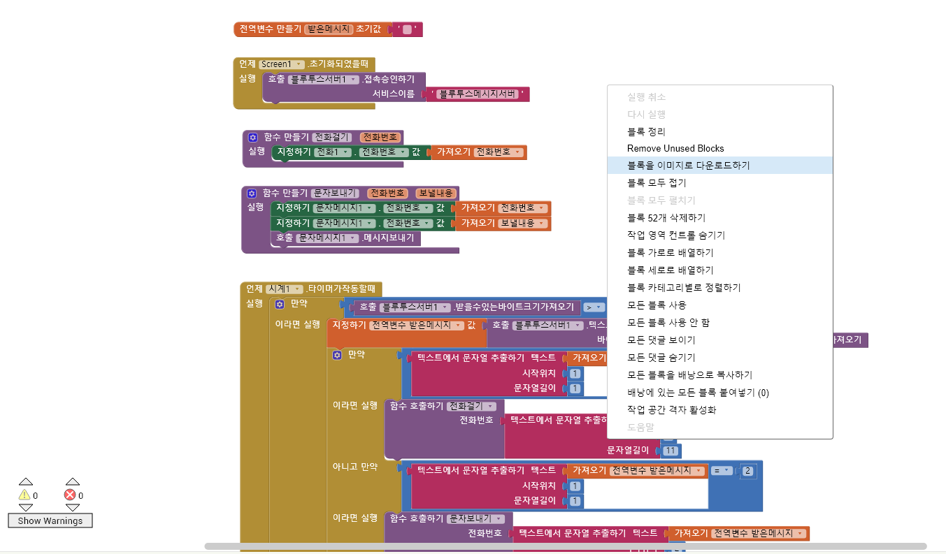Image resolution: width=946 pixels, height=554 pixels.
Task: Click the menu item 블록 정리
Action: coord(646,131)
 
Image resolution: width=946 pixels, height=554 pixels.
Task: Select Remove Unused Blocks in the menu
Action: coord(675,148)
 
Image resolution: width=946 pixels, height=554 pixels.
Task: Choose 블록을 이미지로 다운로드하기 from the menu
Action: coord(688,166)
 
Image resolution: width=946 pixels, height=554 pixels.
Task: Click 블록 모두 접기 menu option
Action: coord(657,183)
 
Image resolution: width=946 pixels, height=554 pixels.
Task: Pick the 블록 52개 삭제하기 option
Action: coord(666,218)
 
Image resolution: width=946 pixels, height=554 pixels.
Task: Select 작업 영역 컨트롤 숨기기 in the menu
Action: coord(675,235)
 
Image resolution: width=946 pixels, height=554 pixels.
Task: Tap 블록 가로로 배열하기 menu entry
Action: coord(670,253)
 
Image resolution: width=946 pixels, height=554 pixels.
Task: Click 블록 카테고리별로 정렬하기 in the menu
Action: coord(683,288)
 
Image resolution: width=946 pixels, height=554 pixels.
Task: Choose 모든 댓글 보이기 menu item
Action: coord(661,340)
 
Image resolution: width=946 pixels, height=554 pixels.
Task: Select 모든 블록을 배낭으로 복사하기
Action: coord(689,375)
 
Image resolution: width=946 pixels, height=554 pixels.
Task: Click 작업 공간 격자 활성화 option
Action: coord(671,410)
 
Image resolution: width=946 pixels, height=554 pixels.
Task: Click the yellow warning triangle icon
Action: coord(24,495)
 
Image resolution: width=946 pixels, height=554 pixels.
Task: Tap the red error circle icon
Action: coord(70,495)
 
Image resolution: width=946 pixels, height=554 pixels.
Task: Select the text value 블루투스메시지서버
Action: coord(478,94)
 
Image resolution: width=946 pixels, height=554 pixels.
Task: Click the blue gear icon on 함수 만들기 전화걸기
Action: coord(252,138)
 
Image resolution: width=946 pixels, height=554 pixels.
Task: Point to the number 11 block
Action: coord(671,451)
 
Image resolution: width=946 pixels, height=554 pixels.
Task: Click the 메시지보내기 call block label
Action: coord(388,238)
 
